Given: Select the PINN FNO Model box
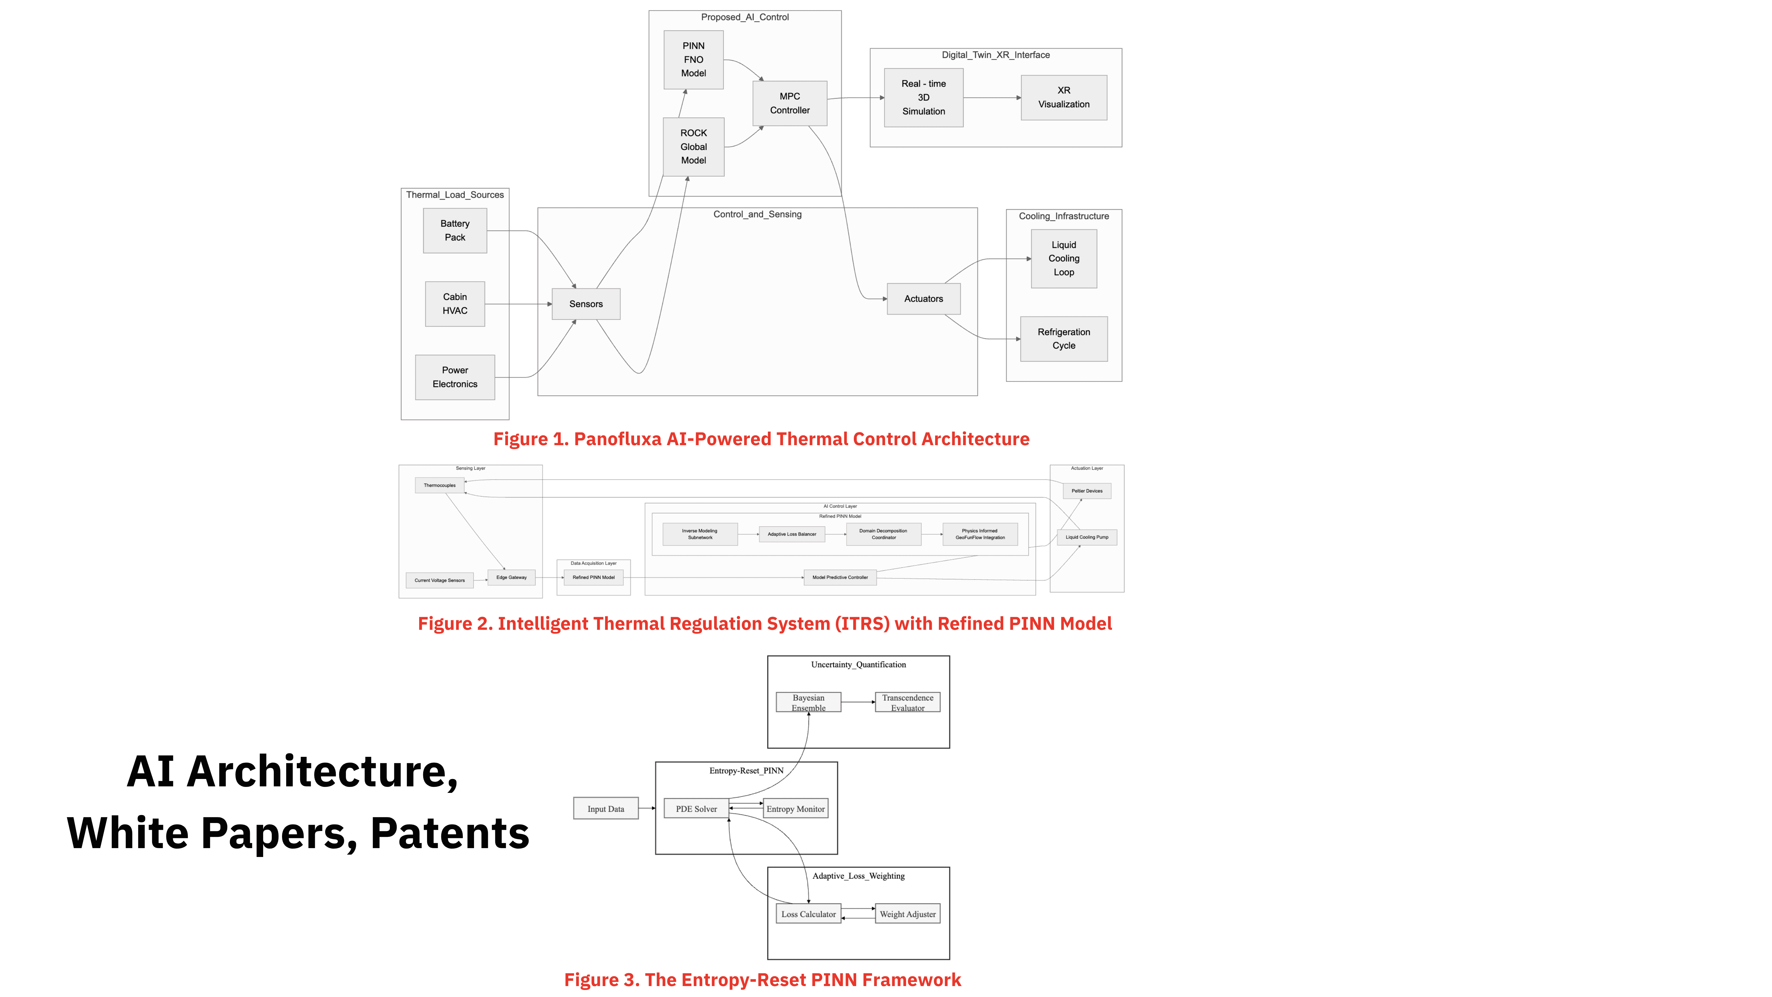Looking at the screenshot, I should tap(693, 60).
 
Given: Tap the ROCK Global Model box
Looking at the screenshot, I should tap(693, 147).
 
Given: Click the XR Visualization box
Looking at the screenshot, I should tap(1063, 98).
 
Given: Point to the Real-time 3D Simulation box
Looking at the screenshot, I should tap(923, 98).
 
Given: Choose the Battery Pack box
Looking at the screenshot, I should tap(455, 230).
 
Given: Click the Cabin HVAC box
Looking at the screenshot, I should tap(455, 303).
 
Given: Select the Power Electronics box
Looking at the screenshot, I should tap(455, 377).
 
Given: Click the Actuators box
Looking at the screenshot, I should tap(923, 299).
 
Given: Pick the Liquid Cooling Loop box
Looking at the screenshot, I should tap(1063, 259).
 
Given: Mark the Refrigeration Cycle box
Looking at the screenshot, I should tap(1063, 339).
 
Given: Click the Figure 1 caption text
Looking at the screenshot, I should tap(761, 439).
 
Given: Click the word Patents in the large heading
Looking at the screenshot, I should tap(450, 833).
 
